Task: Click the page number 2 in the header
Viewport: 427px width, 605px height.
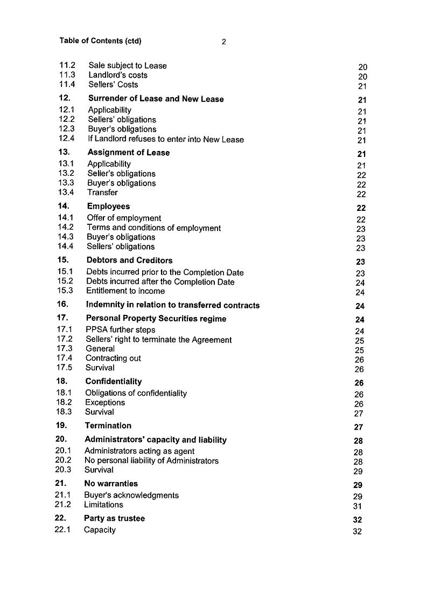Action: [x=223, y=42]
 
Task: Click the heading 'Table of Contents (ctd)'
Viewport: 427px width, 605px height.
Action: [x=100, y=41]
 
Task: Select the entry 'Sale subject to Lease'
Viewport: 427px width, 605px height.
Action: [x=128, y=66]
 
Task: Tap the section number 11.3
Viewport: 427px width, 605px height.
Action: [x=67, y=75]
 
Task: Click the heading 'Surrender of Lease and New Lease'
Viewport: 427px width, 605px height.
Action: [x=156, y=99]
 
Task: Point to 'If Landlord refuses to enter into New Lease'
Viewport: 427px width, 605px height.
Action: [x=166, y=140]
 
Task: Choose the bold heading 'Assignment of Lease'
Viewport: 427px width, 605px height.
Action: [x=128, y=153]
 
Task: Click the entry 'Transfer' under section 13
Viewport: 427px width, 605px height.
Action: [x=102, y=192]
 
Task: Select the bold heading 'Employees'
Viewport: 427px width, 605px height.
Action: [x=108, y=206]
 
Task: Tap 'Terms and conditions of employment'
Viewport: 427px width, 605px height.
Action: [x=153, y=228]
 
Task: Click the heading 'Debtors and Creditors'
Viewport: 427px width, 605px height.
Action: [x=129, y=260]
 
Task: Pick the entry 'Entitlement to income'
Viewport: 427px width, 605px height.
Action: [x=125, y=291]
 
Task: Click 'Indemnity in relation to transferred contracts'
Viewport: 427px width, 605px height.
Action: [x=172, y=305]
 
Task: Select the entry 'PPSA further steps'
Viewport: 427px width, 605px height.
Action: [x=120, y=330]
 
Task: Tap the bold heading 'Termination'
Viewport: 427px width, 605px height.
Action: [x=108, y=425]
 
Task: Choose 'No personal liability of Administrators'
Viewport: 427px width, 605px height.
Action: [x=151, y=461]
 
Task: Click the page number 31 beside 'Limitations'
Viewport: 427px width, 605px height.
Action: [x=358, y=506]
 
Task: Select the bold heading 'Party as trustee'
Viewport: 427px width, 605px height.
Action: [x=114, y=518]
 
